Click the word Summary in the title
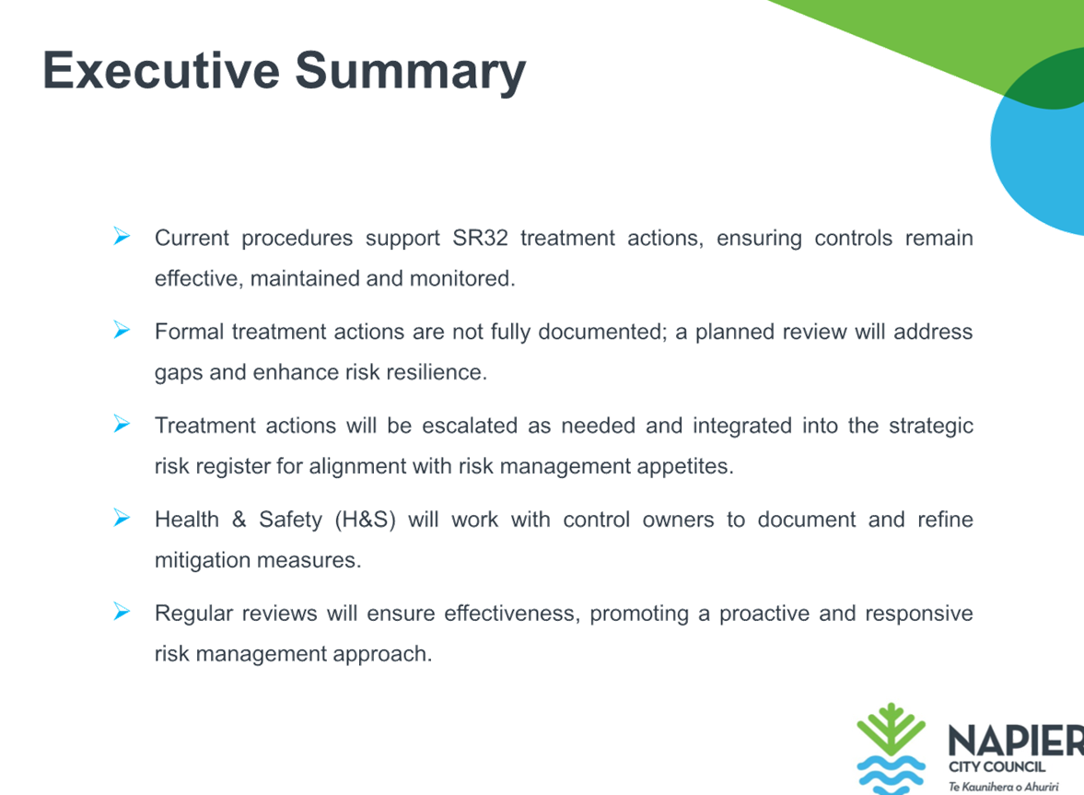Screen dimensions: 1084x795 (x=411, y=73)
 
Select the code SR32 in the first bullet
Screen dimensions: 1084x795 (x=480, y=238)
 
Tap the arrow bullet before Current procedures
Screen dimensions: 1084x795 (x=122, y=237)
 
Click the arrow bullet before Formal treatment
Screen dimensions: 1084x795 (x=122, y=331)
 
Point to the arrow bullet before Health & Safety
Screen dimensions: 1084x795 (x=122, y=518)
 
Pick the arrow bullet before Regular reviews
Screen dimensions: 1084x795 (x=122, y=612)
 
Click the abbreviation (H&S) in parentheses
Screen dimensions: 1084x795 (x=365, y=520)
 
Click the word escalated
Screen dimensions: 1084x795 (x=470, y=426)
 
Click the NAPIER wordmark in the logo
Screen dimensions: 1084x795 (x=1016, y=741)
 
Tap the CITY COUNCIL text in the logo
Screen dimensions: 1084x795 (x=997, y=766)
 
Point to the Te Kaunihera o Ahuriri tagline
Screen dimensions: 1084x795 (x=1003, y=787)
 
